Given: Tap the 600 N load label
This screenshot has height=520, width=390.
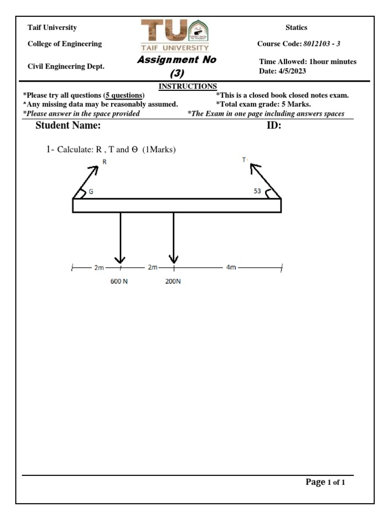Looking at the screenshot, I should coord(119,281).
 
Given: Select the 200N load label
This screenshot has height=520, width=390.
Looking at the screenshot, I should coord(173,281).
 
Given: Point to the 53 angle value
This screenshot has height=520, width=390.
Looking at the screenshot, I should coord(257,191).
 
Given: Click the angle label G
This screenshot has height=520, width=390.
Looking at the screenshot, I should coord(91,192).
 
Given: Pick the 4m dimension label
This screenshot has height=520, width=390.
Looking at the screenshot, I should coord(231,267).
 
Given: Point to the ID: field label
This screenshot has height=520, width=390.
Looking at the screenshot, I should coord(274,126).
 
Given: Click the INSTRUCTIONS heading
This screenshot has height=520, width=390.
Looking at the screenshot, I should coord(188,86).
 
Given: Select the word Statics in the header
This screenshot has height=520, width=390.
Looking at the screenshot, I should coord(297,27).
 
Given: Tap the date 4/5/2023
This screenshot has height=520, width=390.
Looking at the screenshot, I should coord(291,71).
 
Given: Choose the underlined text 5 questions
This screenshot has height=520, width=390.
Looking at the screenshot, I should coord(124,95).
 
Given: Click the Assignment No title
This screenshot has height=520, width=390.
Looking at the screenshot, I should coord(176,59).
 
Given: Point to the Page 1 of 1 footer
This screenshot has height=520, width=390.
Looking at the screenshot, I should coord(325,482).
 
